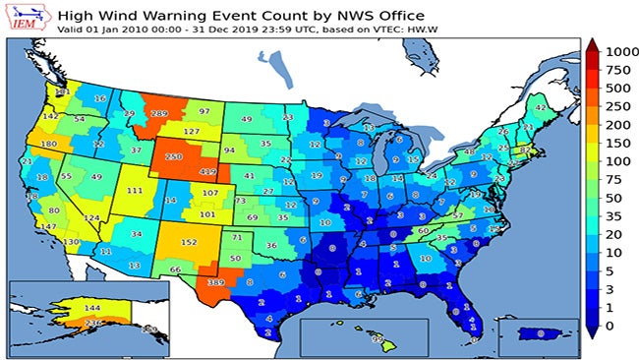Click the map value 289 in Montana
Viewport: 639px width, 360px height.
pyautogui.click(x=156, y=114)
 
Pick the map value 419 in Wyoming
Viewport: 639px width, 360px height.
pyautogui.click(x=207, y=172)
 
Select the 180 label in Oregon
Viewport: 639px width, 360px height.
pyautogui.click(x=49, y=145)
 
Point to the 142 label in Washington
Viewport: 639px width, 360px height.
pyautogui.click(x=51, y=116)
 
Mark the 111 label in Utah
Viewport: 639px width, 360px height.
pyautogui.click(x=135, y=191)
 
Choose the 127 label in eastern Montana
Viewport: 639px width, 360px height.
pyautogui.click(x=192, y=132)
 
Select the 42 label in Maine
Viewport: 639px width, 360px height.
pyautogui.click(x=541, y=106)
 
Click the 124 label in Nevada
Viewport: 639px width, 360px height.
pyautogui.click(x=91, y=217)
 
